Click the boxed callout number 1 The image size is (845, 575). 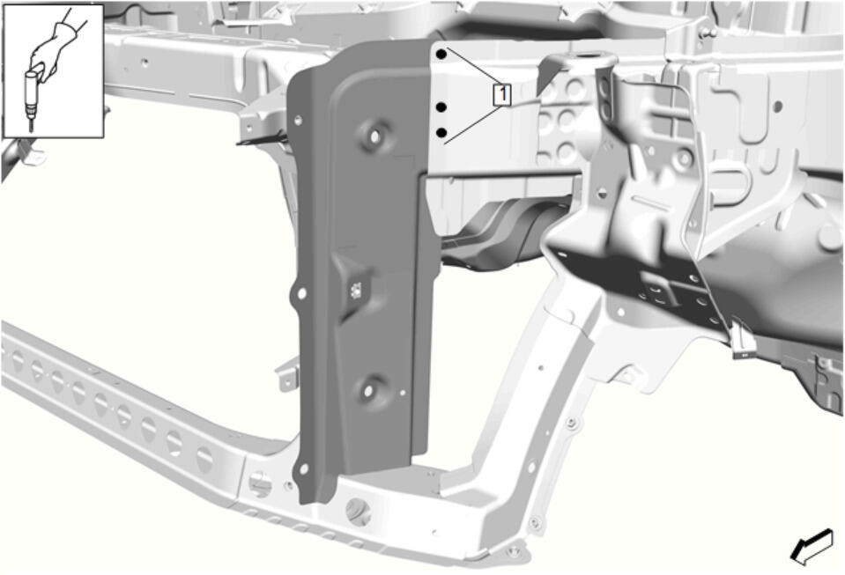(502, 95)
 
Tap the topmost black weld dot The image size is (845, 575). (441, 54)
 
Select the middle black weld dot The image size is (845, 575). (441, 107)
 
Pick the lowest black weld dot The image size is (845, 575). (441, 132)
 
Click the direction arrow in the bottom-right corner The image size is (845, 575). (812, 547)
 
